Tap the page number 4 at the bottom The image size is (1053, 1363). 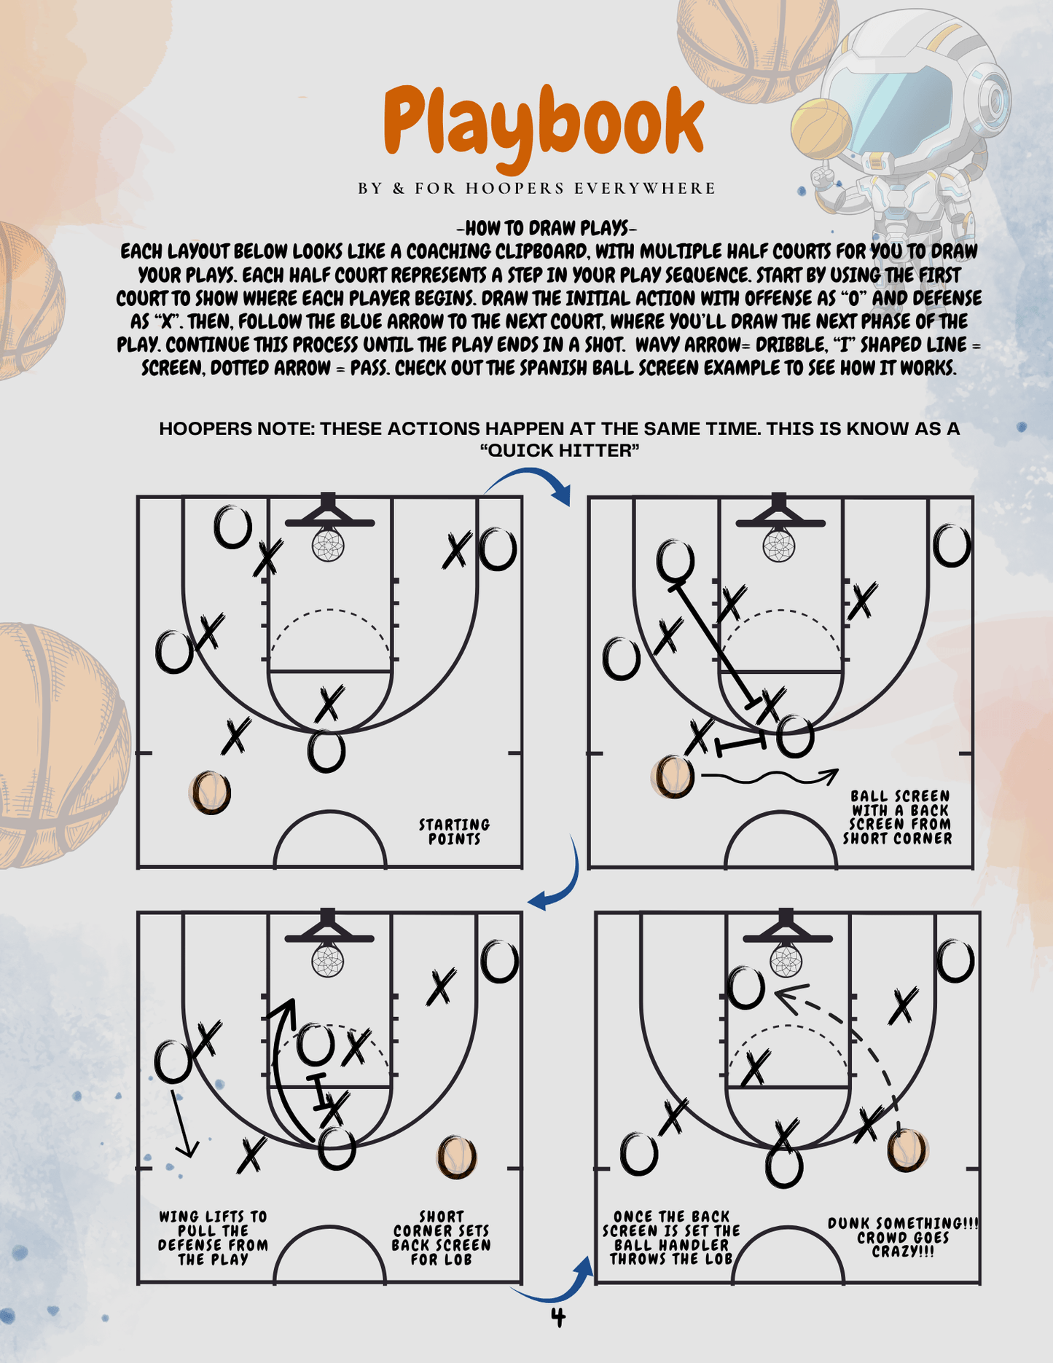(558, 1318)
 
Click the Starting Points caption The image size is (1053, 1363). (454, 831)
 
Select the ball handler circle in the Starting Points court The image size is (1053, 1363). (211, 793)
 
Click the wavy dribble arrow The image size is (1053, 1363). (769, 778)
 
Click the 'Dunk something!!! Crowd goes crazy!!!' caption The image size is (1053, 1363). (903, 1237)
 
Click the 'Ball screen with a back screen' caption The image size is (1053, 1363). (898, 817)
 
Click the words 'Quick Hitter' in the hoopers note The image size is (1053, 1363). (560, 451)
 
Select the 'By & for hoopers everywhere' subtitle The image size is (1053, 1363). (537, 189)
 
